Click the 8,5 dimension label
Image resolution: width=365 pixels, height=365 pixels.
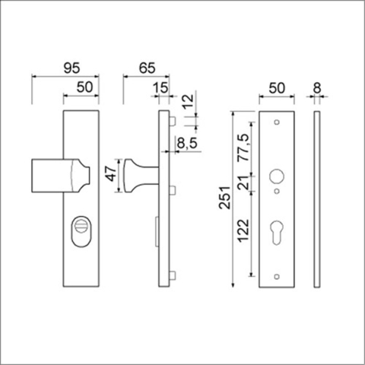(187, 141)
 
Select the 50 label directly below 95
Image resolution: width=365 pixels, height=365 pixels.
(84, 88)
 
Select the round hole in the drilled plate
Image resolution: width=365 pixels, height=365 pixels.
(275, 176)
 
